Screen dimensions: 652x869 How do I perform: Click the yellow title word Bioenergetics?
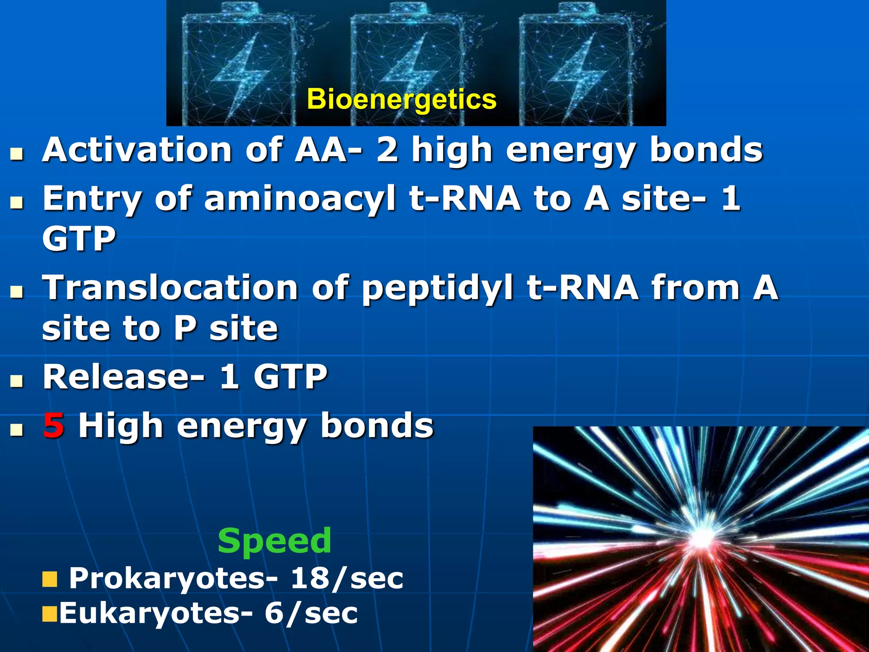tap(401, 99)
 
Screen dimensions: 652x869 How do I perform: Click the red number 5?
tap(53, 426)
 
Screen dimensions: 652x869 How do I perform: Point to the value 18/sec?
tap(346, 578)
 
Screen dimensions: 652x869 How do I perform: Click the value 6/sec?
tap(311, 613)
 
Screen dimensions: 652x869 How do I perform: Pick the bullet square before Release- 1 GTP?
tap(17, 380)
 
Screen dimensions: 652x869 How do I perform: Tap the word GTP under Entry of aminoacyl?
tap(79, 239)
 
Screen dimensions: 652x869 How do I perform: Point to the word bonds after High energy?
tap(377, 426)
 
